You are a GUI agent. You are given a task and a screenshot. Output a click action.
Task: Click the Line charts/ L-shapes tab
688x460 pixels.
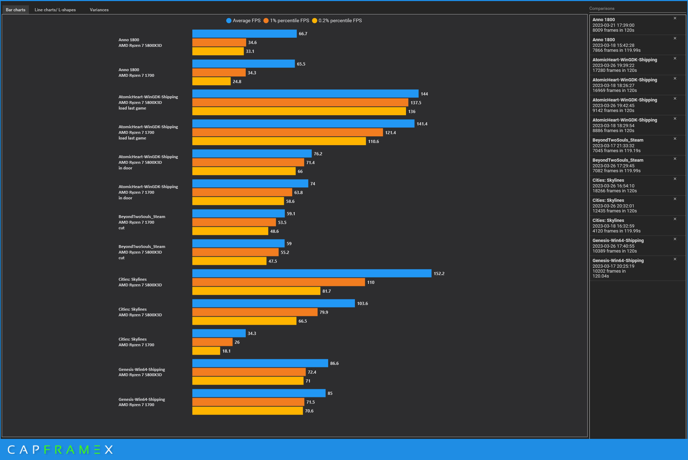pos(55,10)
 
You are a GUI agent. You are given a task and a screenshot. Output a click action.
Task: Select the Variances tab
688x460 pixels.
pos(99,10)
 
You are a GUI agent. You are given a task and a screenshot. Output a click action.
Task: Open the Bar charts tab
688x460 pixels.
pos(15,10)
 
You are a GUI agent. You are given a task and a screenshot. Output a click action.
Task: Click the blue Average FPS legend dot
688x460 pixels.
pos(229,21)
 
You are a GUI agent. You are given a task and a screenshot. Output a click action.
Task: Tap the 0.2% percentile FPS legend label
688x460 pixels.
pos(340,21)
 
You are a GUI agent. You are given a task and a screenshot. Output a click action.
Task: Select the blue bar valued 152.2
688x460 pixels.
pos(312,273)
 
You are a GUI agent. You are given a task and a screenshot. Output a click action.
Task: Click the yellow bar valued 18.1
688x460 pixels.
pos(206,351)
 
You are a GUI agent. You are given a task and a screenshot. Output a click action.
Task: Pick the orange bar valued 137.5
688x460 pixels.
pos(300,102)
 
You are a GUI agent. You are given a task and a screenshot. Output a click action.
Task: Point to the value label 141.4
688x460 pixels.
pos(422,124)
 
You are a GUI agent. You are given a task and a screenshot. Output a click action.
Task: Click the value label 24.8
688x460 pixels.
pos(237,82)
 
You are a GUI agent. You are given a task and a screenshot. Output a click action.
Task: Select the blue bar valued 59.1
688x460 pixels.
pos(238,213)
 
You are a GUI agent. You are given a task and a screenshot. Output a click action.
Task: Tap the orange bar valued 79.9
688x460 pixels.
pos(255,312)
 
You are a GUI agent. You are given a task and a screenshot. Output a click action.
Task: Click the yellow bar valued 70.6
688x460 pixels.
pos(247,411)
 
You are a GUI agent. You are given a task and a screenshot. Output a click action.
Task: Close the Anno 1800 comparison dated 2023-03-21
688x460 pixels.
pos(675,18)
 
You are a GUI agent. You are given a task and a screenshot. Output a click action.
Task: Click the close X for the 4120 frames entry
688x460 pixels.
pos(675,219)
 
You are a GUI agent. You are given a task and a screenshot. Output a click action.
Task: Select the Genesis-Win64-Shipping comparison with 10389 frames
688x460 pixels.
pos(627,245)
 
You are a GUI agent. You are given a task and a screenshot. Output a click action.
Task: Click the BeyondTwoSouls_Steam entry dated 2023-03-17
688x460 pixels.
pos(627,145)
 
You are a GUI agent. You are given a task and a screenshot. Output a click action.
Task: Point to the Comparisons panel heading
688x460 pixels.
pos(602,8)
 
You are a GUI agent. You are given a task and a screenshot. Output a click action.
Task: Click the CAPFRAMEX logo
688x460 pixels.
pos(60,450)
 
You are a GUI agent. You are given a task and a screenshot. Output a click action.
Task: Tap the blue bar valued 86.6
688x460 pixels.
pos(260,363)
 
